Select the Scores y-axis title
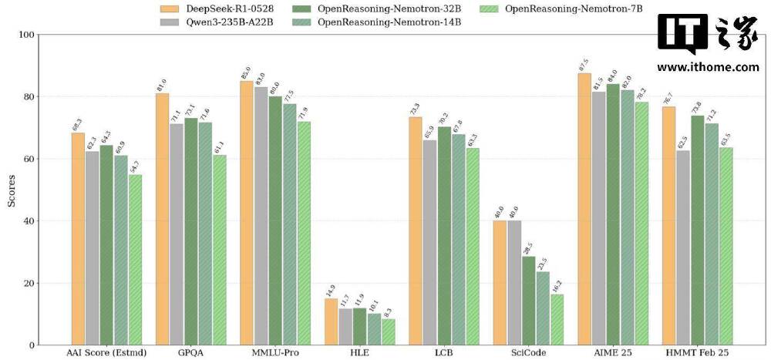[x=12, y=190]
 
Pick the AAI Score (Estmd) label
[x=106, y=353]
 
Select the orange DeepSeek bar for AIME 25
[x=584, y=209]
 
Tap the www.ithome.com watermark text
[x=708, y=67]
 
